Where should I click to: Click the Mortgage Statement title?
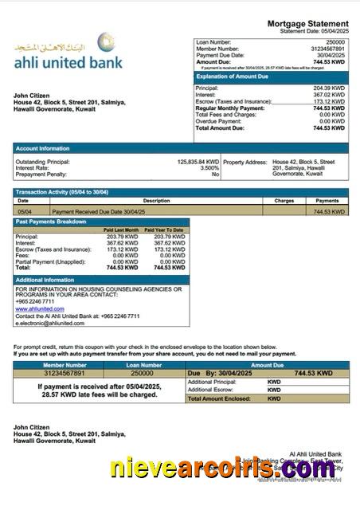click(x=307, y=25)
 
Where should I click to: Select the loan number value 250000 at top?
click(x=335, y=41)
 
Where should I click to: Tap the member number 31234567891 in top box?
click(x=327, y=49)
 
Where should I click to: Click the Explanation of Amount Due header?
click(x=235, y=76)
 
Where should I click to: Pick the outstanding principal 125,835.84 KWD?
click(x=198, y=162)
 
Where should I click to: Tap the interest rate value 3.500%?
click(x=209, y=168)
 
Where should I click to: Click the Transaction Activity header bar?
click(x=62, y=193)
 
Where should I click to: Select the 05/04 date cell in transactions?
click(x=24, y=212)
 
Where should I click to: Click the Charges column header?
click(x=284, y=201)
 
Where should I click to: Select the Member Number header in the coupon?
click(x=65, y=364)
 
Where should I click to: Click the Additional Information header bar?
click(x=45, y=280)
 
